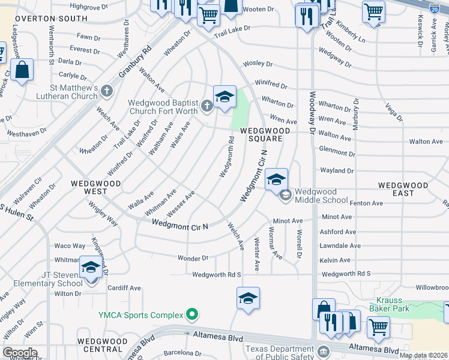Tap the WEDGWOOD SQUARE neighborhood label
(261, 134)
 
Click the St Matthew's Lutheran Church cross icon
(107, 91)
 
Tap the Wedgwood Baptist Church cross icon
(207, 107)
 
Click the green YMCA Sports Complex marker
(192, 314)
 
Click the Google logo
(20, 353)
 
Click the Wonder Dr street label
(193, 259)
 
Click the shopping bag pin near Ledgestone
(22, 70)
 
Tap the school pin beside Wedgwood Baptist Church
(224, 97)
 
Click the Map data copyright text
(424, 355)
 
